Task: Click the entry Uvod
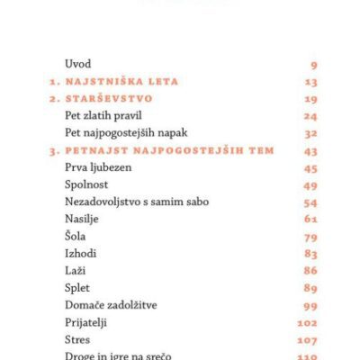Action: (x=78, y=64)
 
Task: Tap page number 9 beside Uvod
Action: (x=313, y=65)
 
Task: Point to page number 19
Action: (x=310, y=99)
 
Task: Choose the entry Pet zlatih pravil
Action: (x=103, y=116)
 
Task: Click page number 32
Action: (x=310, y=133)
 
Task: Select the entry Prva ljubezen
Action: (x=96, y=167)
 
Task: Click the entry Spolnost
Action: (x=86, y=184)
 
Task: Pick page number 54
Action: (x=310, y=202)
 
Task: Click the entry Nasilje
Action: (x=83, y=219)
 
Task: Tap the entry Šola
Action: (x=76, y=237)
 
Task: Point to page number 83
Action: (x=310, y=254)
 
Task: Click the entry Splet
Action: (x=78, y=288)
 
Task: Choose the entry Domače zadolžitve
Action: (x=111, y=305)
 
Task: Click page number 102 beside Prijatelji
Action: (x=308, y=322)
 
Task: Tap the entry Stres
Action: (x=78, y=339)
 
